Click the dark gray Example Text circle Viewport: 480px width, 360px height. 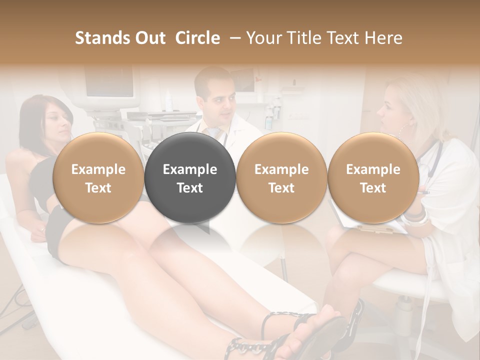pos(190,178)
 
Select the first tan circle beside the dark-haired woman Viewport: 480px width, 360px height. pos(98,178)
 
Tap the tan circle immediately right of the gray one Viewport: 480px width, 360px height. pos(281,178)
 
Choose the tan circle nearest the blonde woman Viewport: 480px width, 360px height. pos(373,178)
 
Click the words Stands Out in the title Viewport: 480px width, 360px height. pos(120,38)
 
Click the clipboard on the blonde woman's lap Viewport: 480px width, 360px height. pos(370,225)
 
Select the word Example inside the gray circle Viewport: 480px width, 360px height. pos(190,169)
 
